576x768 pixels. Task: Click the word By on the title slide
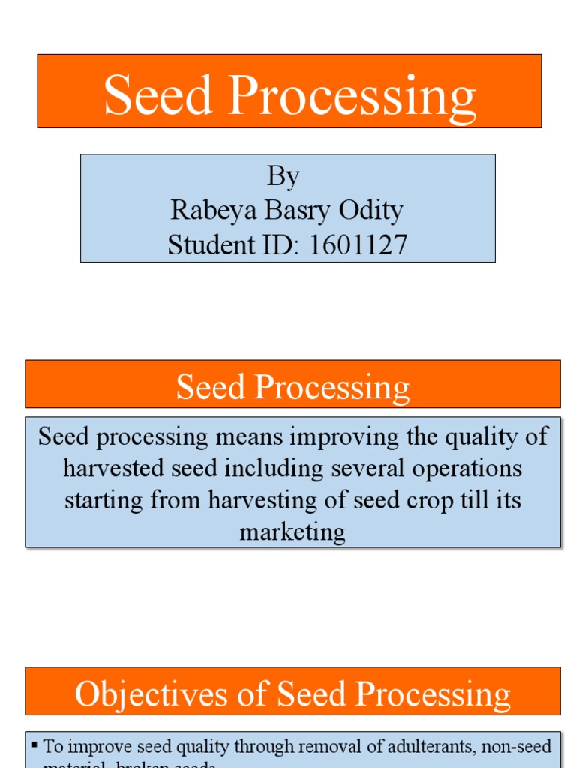click(x=283, y=177)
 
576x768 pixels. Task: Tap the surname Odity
click(x=371, y=211)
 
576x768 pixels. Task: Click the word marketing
click(x=292, y=532)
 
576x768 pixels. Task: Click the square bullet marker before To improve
click(x=34, y=745)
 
